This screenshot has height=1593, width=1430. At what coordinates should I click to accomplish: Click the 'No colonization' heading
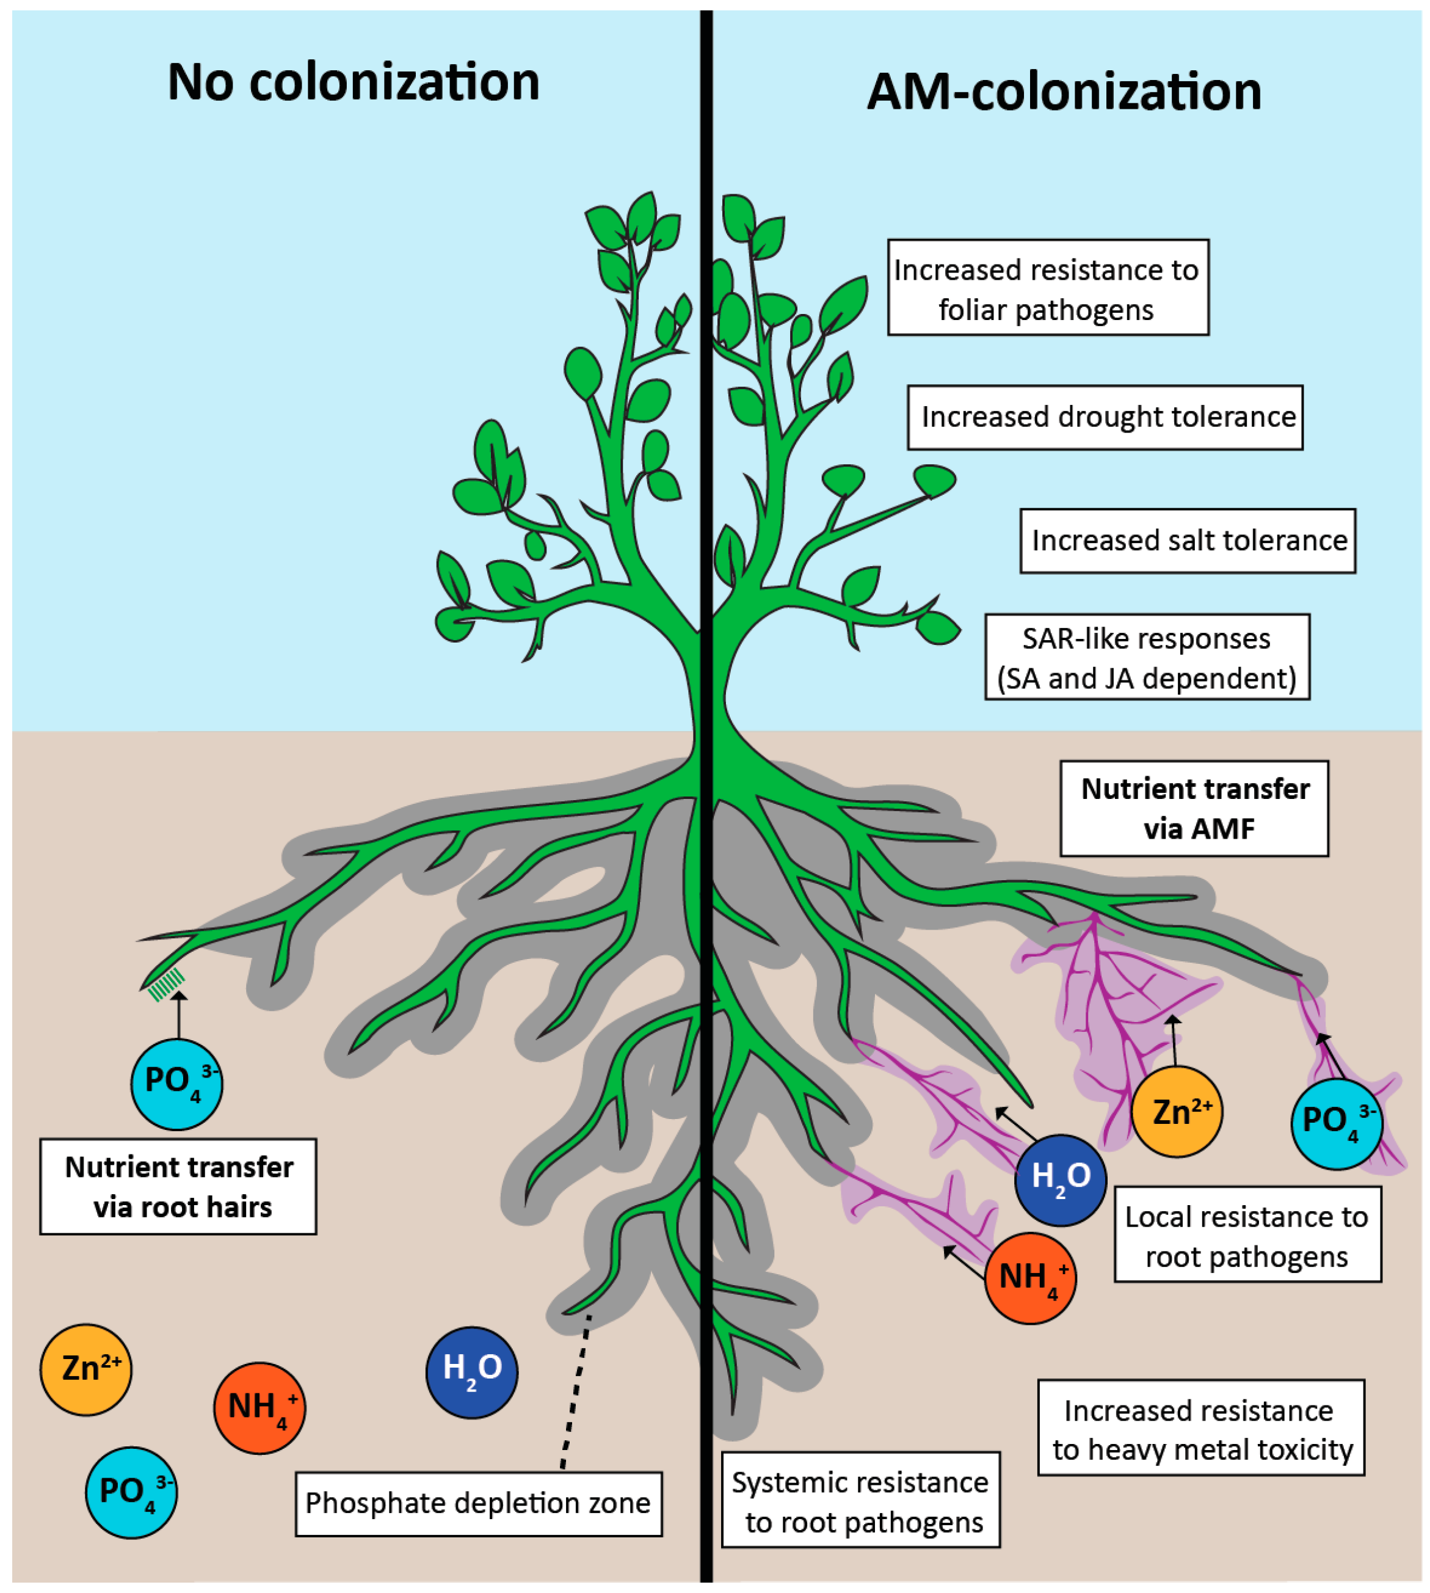pyautogui.click(x=354, y=82)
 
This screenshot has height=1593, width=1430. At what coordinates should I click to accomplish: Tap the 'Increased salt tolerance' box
pyautogui.click(x=1188, y=541)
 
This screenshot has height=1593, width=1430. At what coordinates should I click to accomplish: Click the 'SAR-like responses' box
pyautogui.click(x=1147, y=658)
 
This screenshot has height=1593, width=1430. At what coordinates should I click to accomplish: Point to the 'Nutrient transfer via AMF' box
pyautogui.click(x=1194, y=809)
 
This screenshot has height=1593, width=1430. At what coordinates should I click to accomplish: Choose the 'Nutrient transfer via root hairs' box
pyautogui.click(x=178, y=1187)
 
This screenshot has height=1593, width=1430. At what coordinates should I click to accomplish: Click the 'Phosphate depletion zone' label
pyautogui.click(x=479, y=1503)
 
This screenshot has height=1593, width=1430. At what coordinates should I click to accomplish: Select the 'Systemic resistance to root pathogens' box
pyautogui.click(x=860, y=1502)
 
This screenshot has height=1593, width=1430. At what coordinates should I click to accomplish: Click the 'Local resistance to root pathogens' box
pyautogui.click(x=1247, y=1236)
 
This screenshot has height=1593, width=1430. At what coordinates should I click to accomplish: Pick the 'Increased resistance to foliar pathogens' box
pyautogui.click(x=1047, y=288)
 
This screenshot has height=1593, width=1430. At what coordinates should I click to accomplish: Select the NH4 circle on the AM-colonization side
pyautogui.click(x=1030, y=1278)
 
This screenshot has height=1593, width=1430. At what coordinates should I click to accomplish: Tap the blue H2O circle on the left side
pyautogui.click(x=471, y=1372)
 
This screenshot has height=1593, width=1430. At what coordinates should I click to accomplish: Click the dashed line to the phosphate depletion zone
pyautogui.click(x=575, y=1391)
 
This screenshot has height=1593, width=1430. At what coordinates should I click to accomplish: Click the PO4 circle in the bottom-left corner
pyautogui.click(x=131, y=1492)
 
